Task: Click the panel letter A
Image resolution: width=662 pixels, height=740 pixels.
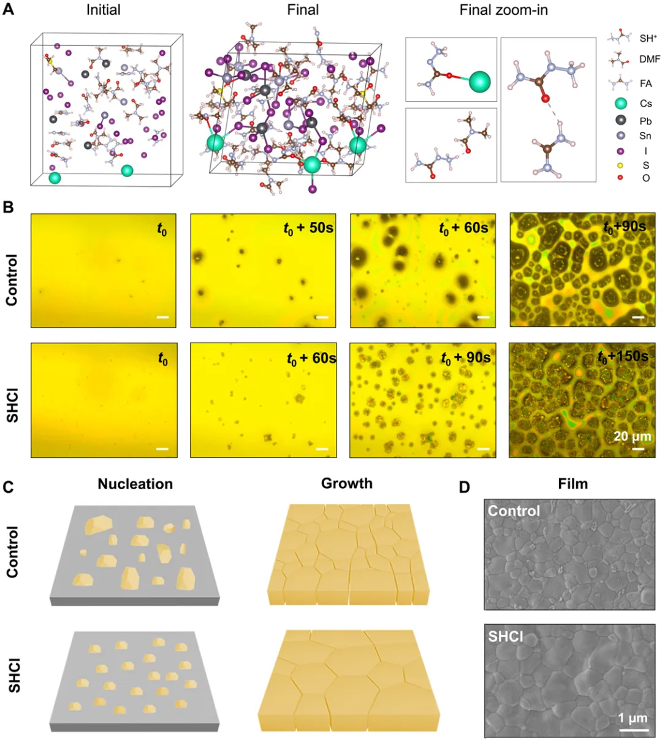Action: point(8,9)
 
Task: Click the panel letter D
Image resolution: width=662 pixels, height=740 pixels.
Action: point(464,487)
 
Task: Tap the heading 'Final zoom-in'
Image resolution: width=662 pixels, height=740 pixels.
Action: point(503,10)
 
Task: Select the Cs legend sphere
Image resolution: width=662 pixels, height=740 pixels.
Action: point(620,104)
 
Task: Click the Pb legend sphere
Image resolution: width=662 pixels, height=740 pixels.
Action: point(620,120)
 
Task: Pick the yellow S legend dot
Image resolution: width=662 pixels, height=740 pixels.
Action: point(620,166)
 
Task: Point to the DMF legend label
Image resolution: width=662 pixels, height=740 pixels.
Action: point(650,59)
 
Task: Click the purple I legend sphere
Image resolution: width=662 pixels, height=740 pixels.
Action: point(620,151)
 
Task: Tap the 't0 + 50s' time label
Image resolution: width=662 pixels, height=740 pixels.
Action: point(308,229)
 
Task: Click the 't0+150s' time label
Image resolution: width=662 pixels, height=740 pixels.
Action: point(623,356)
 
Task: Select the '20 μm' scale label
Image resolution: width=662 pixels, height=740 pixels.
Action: point(633,436)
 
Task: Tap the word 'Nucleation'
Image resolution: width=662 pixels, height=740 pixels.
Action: point(135,484)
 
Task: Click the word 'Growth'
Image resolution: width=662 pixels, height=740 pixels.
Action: point(347,483)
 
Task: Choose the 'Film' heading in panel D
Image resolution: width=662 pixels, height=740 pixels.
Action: point(573,484)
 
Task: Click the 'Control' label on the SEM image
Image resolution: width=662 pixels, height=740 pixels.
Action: point(514,511)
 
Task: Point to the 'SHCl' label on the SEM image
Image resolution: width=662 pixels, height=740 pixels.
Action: point(506,636)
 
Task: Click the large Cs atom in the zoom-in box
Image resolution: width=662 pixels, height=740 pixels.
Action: point(479,82)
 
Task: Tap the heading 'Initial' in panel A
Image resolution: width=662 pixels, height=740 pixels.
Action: point(104,10)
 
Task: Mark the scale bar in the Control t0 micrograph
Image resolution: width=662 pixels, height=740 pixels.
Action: point(162,317)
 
